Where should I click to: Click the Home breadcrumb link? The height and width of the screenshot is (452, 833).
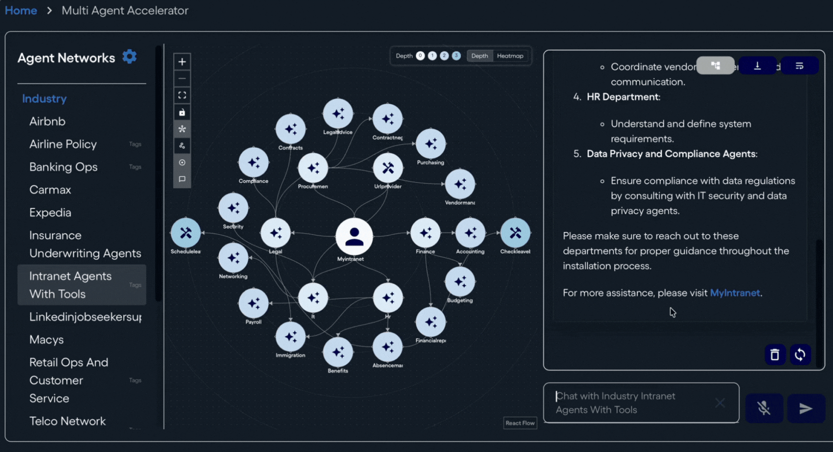(x=21, y=10)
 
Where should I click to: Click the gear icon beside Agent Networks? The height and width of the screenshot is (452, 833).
(x=130, y=56)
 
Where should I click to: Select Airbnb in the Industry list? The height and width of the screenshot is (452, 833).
(x=47, y=121)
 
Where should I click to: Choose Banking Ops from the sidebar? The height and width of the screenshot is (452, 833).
(x=63, y=167)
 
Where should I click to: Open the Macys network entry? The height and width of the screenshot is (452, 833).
(x=47, y=340)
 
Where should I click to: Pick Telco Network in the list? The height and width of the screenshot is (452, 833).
(x=68, y=421)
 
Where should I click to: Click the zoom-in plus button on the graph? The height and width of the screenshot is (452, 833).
(x=182, y=62)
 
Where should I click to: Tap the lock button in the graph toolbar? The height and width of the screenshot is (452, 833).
(x=182, y=112)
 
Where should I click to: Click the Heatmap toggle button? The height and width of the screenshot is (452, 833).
(x=510, y=56)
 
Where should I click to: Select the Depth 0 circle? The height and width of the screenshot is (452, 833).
(x=420, y=56)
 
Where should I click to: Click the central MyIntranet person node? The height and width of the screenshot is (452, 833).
(x=354, y=236)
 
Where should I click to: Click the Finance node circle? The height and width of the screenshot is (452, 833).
(x=425, y=233)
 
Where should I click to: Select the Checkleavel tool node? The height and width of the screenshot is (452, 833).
(x=515, y=233)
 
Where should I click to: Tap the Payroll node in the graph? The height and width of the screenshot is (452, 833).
(x=254, y=303)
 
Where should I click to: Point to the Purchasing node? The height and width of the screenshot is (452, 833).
(x=430, y=144)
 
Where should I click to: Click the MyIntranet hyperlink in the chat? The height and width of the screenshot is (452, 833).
(x=734, y=293)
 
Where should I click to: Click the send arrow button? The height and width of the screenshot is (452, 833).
(x=805, y=408)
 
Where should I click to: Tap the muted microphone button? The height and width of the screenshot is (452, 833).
(x=764, y=408)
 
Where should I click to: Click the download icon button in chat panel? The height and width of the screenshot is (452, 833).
(x=757, y=66)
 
